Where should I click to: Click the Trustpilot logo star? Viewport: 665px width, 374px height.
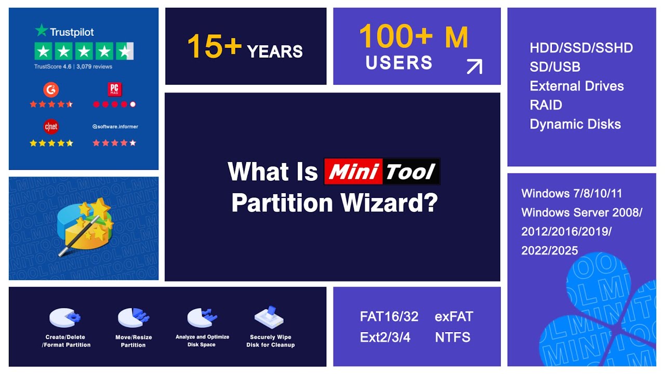coord(42,31)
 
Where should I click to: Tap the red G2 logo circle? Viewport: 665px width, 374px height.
coord(51,89)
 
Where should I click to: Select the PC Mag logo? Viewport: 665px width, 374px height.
coord(114,89)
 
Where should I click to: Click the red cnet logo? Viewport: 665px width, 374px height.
coord(51,127)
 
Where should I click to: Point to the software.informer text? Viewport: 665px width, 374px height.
coord(115,127)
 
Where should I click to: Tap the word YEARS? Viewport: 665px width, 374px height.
coord(275,51)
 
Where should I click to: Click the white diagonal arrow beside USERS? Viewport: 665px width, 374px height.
coord(474,66)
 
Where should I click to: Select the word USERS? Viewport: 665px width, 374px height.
coord(399,63)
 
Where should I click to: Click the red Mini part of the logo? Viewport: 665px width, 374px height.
coord(353,171)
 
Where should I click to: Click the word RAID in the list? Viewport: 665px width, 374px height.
coord(546,105)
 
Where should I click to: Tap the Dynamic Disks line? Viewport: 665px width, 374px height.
coord(575,124)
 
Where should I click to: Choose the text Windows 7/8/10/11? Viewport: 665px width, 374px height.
coord(571,193)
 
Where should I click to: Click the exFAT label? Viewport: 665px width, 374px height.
coord(454,316)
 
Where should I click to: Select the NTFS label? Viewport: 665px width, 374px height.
coord(453,337)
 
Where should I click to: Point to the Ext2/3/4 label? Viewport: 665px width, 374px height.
coord(385,337)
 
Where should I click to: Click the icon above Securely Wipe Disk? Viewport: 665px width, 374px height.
coord(269,316)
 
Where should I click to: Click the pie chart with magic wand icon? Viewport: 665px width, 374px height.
coord(83,227)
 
